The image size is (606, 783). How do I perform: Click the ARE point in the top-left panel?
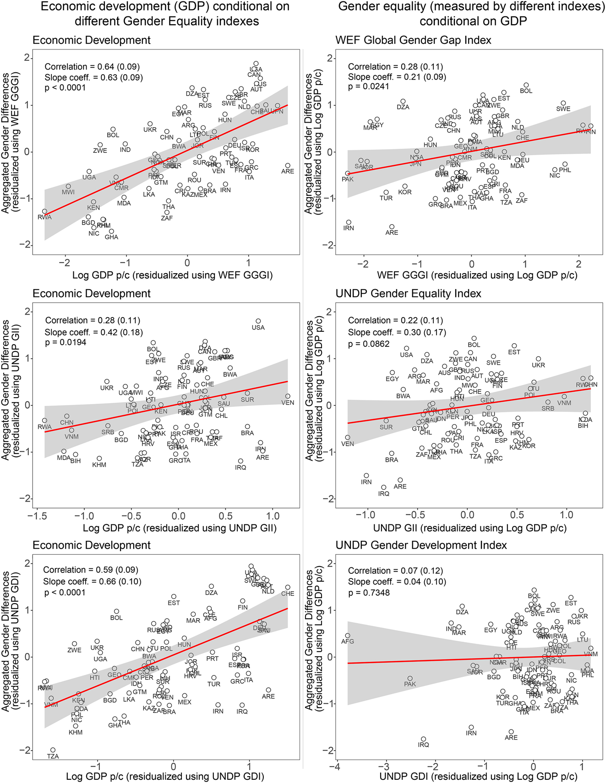pyautogui.click(x=288, y=166)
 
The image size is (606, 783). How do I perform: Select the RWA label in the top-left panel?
pyautogui.click(x=44, y=217)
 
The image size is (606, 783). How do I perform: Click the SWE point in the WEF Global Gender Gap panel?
pyautogui.click(x=563, y=103)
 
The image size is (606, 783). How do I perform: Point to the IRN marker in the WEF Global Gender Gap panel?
pyautogui.click(x=349, y=222)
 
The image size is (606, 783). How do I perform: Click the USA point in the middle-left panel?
pyautogui.click(x=258, y=321)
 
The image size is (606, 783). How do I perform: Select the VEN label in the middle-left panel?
pyautogui.click(x=288, y=403)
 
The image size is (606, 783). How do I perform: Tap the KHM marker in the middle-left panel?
pyautogui.click(x=99, y=459)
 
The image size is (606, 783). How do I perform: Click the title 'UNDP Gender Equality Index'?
pyautogui.click(x=408, y=293)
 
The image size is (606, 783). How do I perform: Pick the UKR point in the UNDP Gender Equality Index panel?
pyautogui.click(x=539, y=359)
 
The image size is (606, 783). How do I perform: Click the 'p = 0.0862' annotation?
pyautogui.click(x=368, y=344)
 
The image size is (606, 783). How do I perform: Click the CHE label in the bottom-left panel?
pyautogui.click(x=288, y=594)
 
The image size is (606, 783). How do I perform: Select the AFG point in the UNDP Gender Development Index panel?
pyautogui.click(x=348, y=636)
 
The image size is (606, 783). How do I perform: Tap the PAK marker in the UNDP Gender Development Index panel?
pyautogui.click(x=410, y=679)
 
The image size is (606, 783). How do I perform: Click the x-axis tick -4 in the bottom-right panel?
pyautogui.click(x=336, y=767)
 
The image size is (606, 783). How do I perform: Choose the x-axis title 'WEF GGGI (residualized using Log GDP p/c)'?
pyautogui.click(x=477, y=275)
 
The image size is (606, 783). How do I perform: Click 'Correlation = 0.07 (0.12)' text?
pyautogui.click(x=395, y=570)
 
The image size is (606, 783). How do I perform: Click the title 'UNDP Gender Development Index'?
pyautogui.click(x=421, y=545)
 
